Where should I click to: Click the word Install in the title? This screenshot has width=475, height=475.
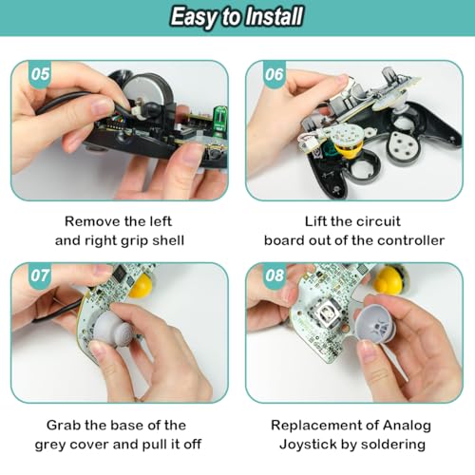coord(272,16)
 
